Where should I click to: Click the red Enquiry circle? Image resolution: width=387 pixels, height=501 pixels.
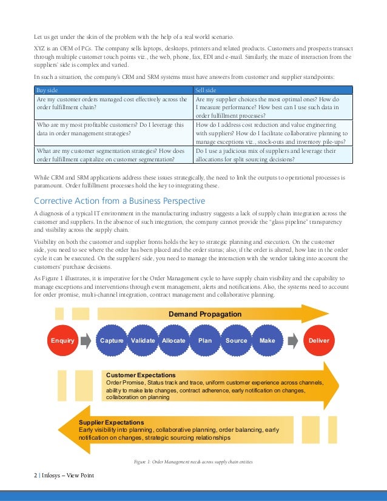[x=62, y=340]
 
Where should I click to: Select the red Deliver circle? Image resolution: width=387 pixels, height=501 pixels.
[x=318, y=340]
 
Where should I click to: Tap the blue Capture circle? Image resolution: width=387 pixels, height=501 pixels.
[x=112, y=340]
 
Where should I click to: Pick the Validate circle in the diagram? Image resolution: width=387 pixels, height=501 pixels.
[x=143, y=340]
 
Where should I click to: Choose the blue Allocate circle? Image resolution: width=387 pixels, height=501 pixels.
[x=173, y=340]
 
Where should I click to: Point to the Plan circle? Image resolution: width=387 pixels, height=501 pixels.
[x=205, y=340]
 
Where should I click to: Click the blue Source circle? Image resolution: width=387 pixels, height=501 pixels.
[x=236, y=340]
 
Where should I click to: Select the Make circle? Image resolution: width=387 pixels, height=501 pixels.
[x=267, y=340]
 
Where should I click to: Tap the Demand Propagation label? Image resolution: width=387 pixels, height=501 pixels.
[x=204, y=314]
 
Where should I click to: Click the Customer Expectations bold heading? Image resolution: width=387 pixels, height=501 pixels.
[x=141, y=375]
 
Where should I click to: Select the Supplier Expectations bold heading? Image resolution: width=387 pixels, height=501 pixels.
[x=112, y=422]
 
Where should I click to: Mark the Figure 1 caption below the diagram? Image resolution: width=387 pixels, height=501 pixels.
[x=193, y=462]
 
